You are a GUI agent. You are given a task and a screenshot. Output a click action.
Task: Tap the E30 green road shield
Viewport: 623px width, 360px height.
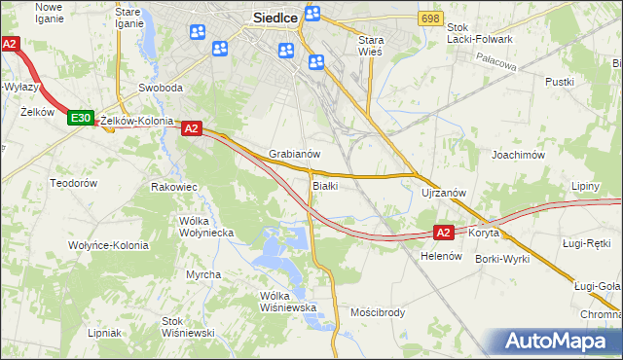[81, 119]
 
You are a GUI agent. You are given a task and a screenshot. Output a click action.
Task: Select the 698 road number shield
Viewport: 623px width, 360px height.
[430, 19]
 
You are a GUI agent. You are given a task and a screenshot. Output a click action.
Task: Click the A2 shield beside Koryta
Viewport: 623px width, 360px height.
[444, 233]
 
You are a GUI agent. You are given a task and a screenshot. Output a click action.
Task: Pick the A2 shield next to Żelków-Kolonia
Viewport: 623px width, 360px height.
[191, 127]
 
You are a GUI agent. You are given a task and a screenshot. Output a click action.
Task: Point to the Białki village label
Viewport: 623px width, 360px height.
[325, 185]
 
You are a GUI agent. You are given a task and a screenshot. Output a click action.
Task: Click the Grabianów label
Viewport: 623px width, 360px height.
[295, 154]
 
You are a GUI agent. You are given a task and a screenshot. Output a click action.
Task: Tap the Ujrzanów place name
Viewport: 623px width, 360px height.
[445, 193]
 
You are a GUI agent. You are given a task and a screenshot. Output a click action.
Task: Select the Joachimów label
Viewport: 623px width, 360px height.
[517, 155]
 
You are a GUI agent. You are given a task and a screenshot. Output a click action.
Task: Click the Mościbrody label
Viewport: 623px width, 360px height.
[378, 312]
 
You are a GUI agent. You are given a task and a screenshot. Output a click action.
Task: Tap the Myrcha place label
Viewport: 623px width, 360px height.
[203, 274]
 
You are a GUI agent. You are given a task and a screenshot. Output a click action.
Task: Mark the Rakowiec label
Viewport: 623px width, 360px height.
[175, 186]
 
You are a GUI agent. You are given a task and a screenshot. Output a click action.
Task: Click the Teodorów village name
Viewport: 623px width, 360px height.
[74, 183]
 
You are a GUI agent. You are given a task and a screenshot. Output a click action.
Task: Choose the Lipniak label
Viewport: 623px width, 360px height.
[103, 332]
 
